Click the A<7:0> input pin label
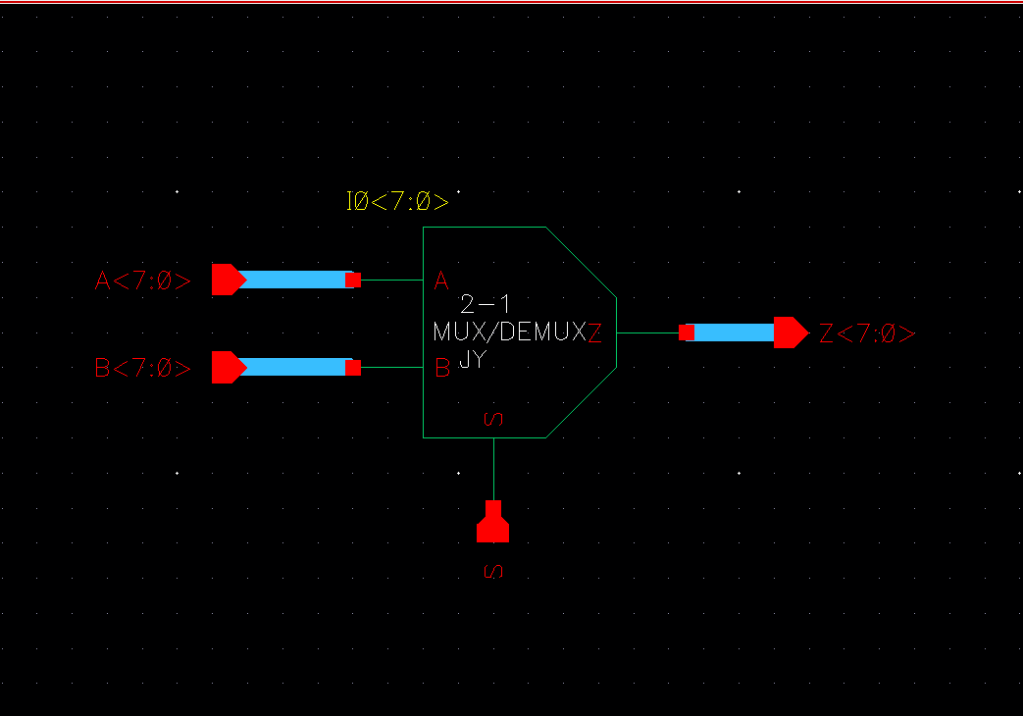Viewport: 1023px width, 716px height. point(143,281)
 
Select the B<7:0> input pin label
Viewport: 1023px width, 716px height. point(143,369)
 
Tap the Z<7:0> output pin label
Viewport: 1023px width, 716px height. point(867,333)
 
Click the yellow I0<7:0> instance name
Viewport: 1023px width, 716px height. point(397,202)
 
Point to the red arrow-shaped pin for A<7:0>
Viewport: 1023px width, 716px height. point(228,280)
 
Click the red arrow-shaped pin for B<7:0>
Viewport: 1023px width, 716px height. point(228,368)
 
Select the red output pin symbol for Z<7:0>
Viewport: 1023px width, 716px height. point(790,332)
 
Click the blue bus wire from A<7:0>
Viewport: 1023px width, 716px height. point(294,280)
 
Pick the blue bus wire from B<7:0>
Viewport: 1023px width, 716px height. point(294,368)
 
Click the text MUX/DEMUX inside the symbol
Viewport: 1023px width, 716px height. point(508,332)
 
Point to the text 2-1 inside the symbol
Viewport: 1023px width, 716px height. point(486,304)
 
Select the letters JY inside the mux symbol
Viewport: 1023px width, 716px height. point(473,360)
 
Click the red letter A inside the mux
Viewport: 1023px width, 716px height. point(441,282)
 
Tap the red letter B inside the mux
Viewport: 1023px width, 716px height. point(442,369)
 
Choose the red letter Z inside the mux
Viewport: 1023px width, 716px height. point(594,333)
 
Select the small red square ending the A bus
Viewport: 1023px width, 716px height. point(353,281)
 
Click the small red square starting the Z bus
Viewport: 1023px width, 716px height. point(687,332)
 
